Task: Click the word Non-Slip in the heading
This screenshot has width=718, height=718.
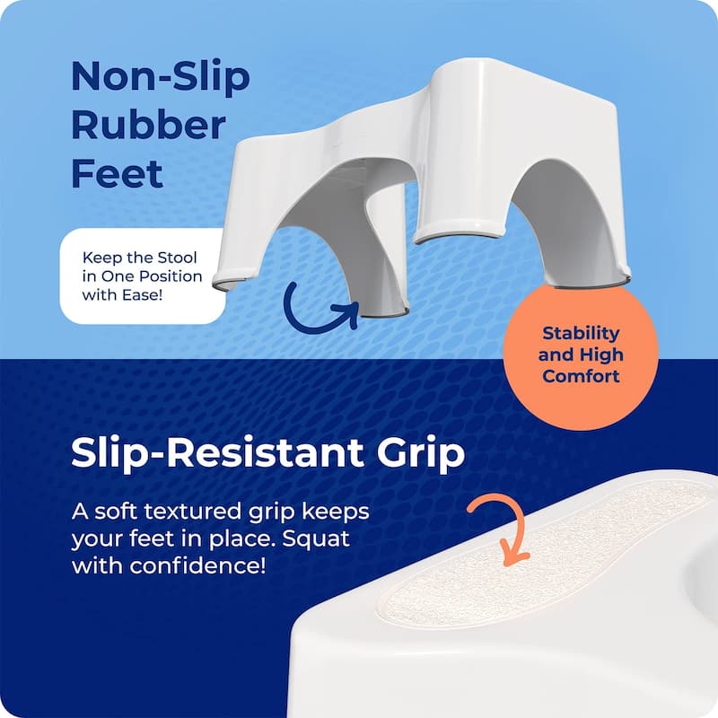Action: pyautogui.click(x=161, y=78)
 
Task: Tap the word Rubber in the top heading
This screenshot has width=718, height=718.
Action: pyautogui.click(x=148, y=125)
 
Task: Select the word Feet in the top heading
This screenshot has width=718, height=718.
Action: pyautogui.click(x=118, y=171)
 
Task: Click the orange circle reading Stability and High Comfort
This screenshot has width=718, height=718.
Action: pyautogui.click(x=581, y=354)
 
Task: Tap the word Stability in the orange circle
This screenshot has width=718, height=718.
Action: pyautogui.click(x=582, y=333)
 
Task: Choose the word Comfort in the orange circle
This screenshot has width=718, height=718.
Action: pyautogui.click(x=582, y=376)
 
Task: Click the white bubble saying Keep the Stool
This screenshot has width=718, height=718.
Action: pyautogui.click(x=142, y=276)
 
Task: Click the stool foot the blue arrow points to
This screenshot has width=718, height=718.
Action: pyautogui.click(x=382, y=309)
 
